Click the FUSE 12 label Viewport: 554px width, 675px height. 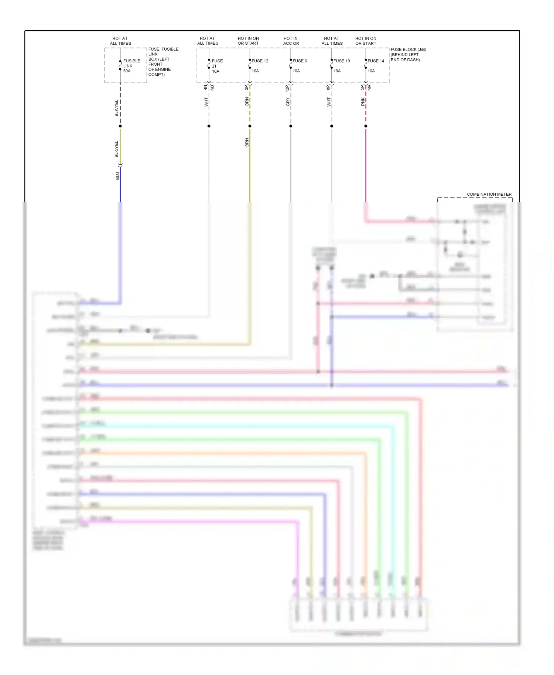pos(260,61)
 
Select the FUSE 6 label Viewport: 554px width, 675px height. pos(300,61)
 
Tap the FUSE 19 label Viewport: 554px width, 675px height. pos(342,61)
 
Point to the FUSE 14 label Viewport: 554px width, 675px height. pos(376,61)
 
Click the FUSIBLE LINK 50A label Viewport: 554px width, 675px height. pos(131,66)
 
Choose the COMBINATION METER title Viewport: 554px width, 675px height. pos(489,194)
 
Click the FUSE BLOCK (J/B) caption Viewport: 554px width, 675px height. pos(408,54)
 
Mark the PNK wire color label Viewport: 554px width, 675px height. pos(363,102)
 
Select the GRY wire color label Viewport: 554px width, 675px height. pos(288,102)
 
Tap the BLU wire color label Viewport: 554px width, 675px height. pos(117,176)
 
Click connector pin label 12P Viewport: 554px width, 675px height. pos(287,88)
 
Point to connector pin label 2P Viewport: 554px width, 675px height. pos(246,88)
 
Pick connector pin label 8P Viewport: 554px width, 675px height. pos(328,88)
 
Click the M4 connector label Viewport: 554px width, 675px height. pos(369,88)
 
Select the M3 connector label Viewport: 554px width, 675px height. pos(212,88)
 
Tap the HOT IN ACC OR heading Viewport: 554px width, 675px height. pos(291,41)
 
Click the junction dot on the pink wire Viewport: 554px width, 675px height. pos(366,126)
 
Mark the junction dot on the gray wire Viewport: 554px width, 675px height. pos(291,126)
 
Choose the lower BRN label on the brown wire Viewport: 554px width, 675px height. pos(247,142)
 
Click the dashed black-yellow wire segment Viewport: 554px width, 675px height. pos(120,105)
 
